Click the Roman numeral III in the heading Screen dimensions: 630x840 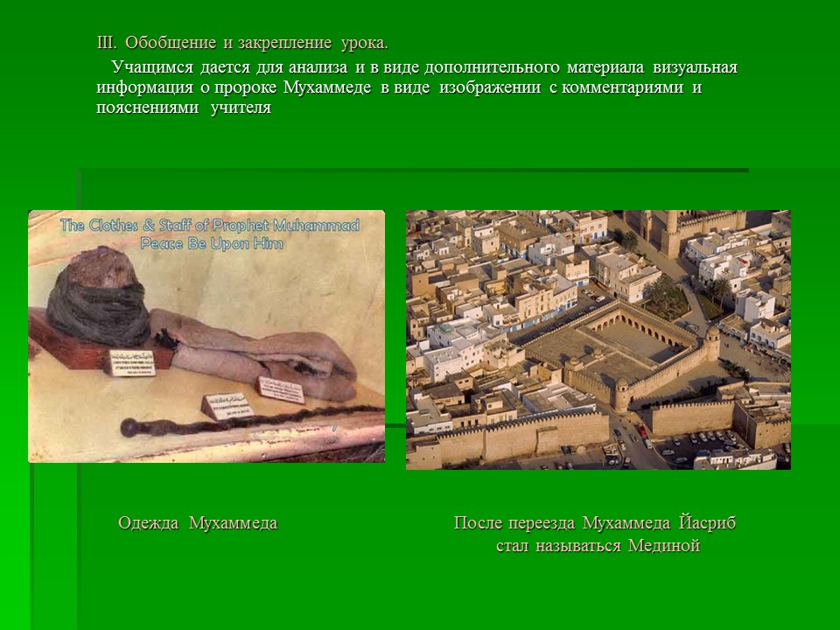(106, 42)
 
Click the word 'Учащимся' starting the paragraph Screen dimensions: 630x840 (150, 67)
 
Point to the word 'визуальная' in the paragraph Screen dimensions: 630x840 (696, 67)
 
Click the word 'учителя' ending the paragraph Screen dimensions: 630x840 (241, 108)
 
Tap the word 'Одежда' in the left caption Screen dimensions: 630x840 (149, 523)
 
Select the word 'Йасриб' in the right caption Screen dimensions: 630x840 (706, 523)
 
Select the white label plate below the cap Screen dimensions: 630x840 (131, 359)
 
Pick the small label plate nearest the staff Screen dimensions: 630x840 (226, 405)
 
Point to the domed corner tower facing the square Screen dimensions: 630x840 (711, 343)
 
